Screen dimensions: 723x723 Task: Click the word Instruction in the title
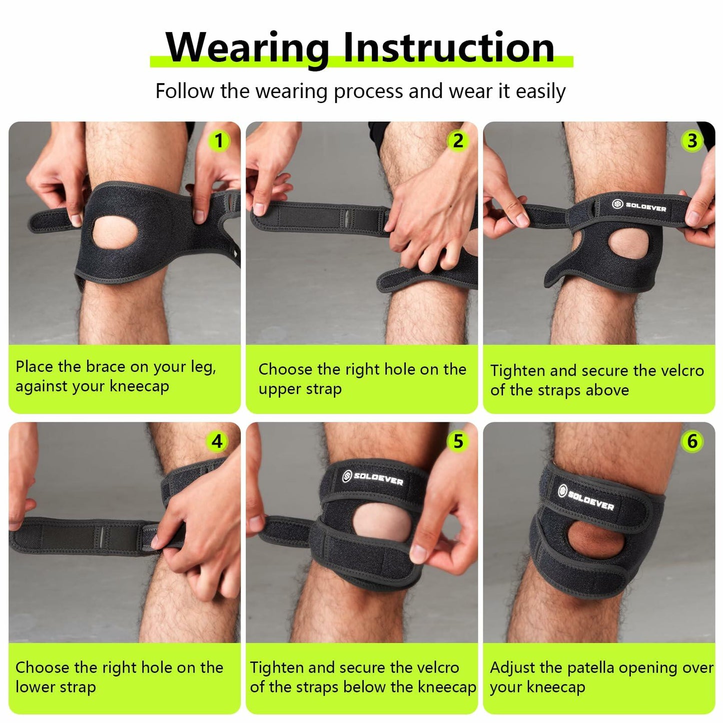449,48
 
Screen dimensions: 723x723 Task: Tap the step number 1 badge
219,141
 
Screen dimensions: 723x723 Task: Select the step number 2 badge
458,141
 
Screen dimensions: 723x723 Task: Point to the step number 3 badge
692,141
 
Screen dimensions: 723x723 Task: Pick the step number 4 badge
217,441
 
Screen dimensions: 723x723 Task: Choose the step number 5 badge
458,441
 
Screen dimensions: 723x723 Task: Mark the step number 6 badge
692,441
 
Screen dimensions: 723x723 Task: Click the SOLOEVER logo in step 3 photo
640,206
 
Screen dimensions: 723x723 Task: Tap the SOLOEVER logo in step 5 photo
373,478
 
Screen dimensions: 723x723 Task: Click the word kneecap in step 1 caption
139,387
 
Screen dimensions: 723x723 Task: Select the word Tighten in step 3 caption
518,371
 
